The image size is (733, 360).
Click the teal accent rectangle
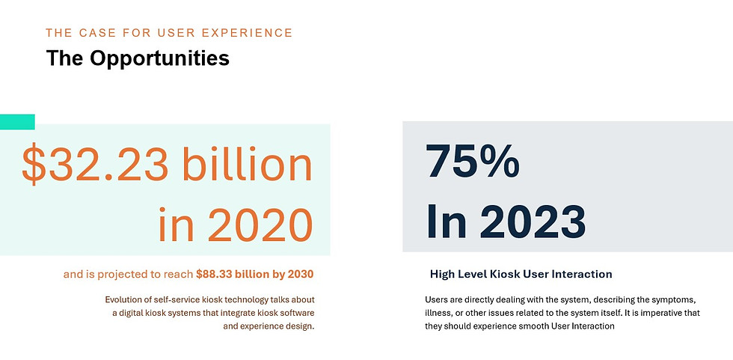[17, 121]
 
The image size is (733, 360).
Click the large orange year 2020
[260, 225]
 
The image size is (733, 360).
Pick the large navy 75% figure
[473, 161]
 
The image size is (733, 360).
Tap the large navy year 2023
[533, 221]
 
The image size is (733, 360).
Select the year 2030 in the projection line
[301, 274]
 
